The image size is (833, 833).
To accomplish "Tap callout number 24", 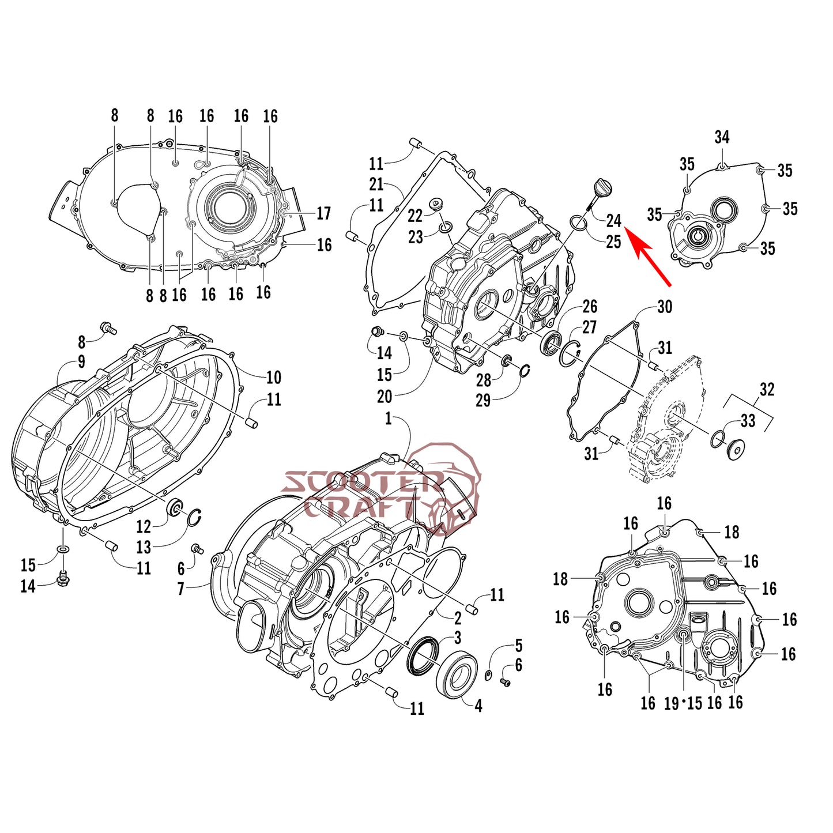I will pyautogui.click(x=613, y=220).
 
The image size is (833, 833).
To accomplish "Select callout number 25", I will pyautogui.click(x=613, y=242).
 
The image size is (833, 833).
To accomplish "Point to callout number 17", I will pyautogui.click(x=323, y=213).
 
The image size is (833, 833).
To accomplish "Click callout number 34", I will pyautogui.click(x=722, y=137).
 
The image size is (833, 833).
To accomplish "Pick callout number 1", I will pyautogui.click(x=389, y=419).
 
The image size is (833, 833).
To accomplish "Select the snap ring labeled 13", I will pyautogui.click(x=194, y=518).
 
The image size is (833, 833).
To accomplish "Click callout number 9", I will pyautogui.click(x=81, y=361).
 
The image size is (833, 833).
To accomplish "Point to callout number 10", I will pyautogui.click(x=273, y=378).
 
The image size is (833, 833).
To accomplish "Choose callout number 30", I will pyautogui.click(x=665, y=307).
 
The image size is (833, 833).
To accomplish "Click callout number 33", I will pyautogui.click(x=748, y=421).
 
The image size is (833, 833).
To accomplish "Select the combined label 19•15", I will pyautogui.click(x=683, y=703).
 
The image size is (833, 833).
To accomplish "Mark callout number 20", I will pyautogui.click(x=385, y=397).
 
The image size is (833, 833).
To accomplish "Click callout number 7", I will pyautogui.click(x=181, y=589).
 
